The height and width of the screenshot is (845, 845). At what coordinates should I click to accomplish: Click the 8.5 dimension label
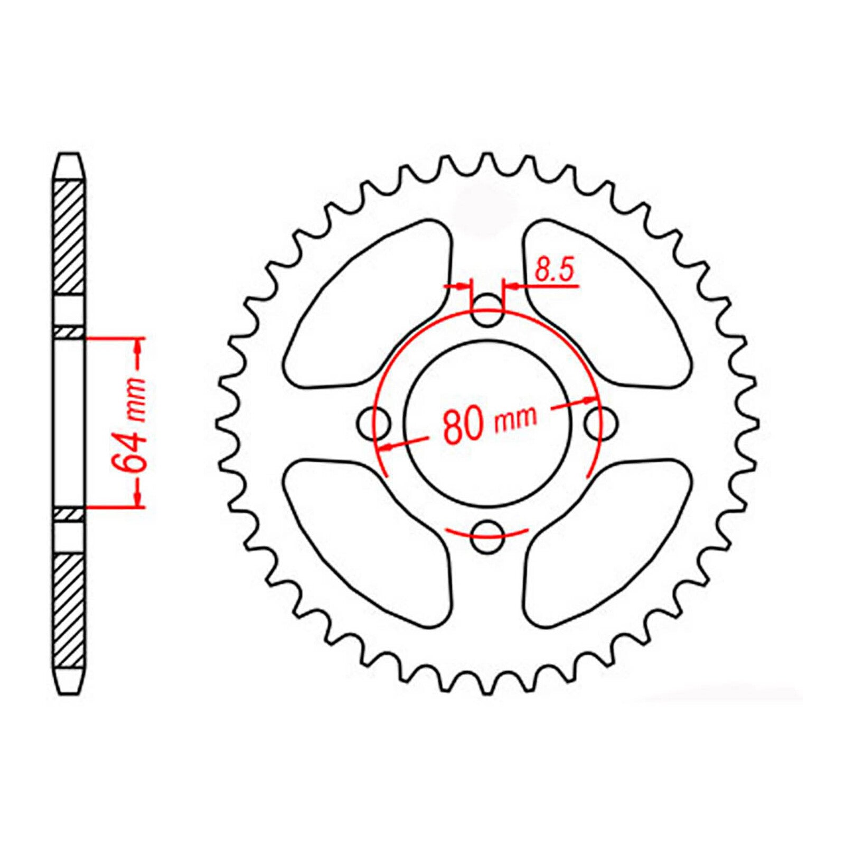[x=553, y=270]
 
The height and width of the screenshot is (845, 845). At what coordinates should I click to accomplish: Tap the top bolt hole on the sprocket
[x=486, y=310]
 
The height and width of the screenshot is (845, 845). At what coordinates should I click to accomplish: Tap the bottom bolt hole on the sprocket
[x=486, y=537]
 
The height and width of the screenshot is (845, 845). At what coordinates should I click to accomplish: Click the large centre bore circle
[x=487, y=364]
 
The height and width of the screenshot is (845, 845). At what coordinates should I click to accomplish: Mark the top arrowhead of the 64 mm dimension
[x=138, y=346]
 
